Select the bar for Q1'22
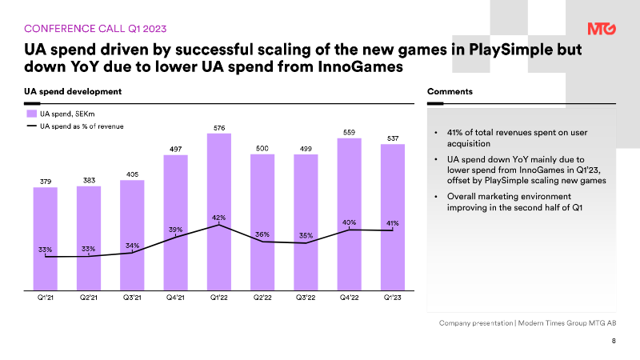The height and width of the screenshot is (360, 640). point(219,212)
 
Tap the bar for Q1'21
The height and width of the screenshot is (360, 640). point(46,240)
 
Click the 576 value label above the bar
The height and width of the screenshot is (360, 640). point(219,127)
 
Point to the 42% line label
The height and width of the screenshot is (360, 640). point(218,218)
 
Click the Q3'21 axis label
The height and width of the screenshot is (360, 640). point(132,298)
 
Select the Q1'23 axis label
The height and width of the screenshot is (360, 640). point(393,298)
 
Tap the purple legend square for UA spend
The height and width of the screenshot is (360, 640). point(33,114)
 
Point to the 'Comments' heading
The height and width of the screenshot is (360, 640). point(450,91)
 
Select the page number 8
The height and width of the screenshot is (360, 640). point(614,341)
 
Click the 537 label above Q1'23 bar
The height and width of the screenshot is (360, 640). point(393,138)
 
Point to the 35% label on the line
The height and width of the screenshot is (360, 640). point(306,236)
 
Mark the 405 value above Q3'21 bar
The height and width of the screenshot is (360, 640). point(132,174)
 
